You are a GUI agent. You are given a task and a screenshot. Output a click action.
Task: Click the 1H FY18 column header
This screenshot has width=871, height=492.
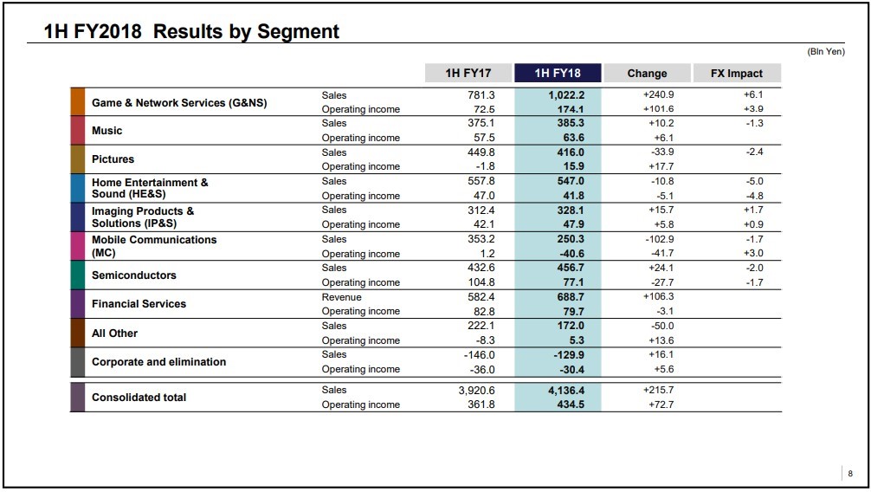558,73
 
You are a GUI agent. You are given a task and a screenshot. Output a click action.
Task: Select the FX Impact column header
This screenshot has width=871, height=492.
737,73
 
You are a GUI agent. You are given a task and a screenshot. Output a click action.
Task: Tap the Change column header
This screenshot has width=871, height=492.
647,73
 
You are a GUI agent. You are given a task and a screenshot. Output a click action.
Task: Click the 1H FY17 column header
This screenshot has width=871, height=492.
468,73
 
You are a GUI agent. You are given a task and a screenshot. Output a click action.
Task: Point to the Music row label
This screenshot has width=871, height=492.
106,131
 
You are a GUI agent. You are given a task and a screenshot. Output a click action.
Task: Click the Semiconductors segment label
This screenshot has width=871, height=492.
134,275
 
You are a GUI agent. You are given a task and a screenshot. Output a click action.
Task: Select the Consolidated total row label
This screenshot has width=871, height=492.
139,398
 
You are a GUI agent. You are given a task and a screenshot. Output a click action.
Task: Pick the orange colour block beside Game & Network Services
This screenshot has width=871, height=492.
78,101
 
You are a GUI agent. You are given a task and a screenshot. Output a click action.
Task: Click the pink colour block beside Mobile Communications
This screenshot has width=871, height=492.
78,246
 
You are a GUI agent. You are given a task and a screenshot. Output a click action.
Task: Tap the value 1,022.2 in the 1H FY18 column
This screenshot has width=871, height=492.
566,95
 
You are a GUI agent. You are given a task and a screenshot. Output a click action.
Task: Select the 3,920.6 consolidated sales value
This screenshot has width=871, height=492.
476,391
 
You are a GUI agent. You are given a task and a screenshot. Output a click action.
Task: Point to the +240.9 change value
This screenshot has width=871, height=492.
658,95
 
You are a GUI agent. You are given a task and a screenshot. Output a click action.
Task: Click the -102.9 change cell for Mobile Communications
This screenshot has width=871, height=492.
660,239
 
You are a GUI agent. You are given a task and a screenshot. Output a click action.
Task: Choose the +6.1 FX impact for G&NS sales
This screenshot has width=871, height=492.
753,95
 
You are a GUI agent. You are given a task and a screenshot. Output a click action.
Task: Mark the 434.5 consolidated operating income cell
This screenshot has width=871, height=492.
571,405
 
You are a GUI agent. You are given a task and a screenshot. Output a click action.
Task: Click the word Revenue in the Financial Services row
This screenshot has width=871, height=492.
342,297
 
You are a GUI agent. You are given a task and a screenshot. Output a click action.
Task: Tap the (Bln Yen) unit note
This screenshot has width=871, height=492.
826,52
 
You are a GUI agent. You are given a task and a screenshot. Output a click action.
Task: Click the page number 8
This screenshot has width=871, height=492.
850,474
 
